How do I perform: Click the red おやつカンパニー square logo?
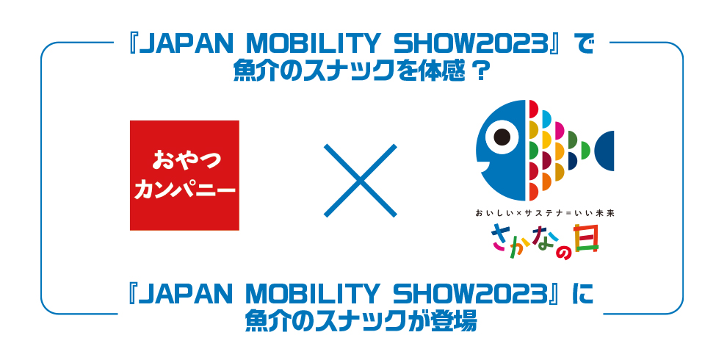pyautogui.click(x=184, y=176)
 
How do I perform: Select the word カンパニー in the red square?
pyautogui.click(x=184, y=191)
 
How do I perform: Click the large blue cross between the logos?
pyautogui.click(x=361, y=181)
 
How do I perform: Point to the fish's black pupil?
pyautogui.click(x=502, y=137)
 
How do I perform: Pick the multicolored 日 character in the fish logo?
pyautogui.click(x=585, y=239)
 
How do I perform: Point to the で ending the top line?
pyautogui.click(x=585, y=46)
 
